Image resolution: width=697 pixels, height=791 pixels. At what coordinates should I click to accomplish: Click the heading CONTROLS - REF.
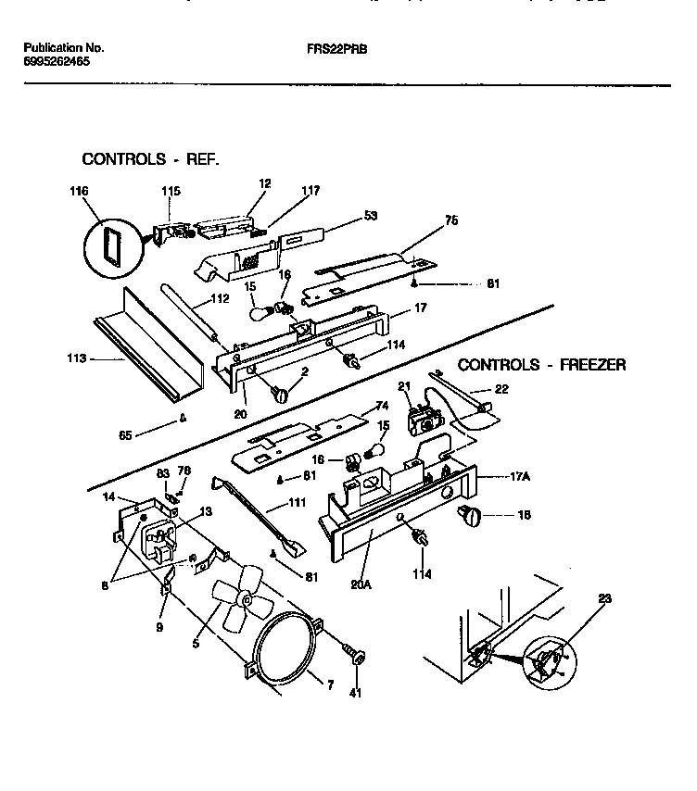click(151, 159)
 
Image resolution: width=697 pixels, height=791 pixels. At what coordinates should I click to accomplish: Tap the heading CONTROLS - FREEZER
click(542, 365)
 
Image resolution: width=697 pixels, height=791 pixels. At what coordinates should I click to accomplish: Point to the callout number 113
click(79, 358)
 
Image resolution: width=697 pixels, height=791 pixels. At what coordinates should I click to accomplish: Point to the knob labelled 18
click(469, 515)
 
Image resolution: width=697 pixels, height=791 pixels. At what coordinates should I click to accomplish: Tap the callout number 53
click(371, 217)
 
